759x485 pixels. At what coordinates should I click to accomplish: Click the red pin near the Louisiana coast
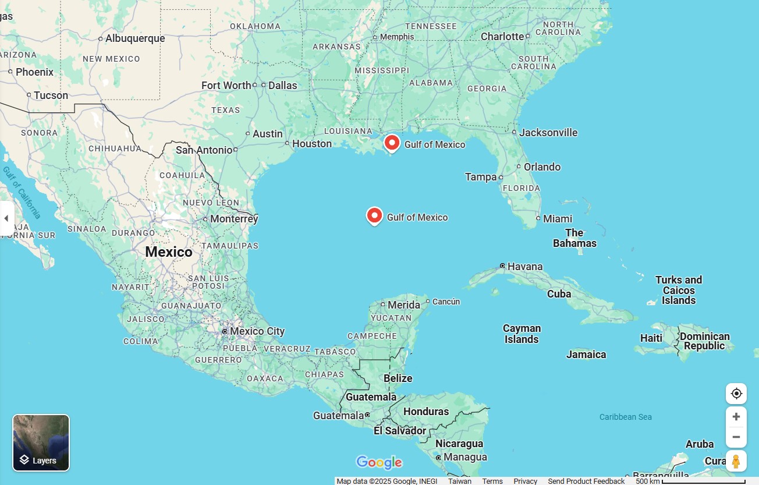coord(392,143)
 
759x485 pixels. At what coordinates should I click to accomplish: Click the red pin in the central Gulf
coord(374,215)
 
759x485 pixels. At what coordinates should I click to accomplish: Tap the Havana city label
coord(524,267)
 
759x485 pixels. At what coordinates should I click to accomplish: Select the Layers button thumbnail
coord(41,442)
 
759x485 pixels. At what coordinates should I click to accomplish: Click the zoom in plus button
coord(736,417)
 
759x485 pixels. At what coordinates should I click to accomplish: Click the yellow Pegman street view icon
coord(736,461)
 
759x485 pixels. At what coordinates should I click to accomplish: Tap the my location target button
coord(736,394)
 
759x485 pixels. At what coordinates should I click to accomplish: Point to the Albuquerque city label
coord(135,38)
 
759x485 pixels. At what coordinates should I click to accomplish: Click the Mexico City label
coord(257,331)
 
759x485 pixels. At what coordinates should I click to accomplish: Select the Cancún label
coord(446,302)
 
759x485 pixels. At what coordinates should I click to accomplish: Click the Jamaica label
coord(586,355)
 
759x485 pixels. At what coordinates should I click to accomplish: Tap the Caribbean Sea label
coord(625,417)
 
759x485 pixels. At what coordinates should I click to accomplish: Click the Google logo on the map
coord(379,463)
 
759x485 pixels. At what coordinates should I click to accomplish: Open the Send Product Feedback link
coord(586,481)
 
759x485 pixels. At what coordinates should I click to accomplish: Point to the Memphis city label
coord(397,37)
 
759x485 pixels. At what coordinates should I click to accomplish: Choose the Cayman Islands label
coord(522,334)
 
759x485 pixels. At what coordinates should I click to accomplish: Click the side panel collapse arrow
coord(6,218)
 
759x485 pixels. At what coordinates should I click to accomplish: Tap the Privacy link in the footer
coord(525,481)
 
